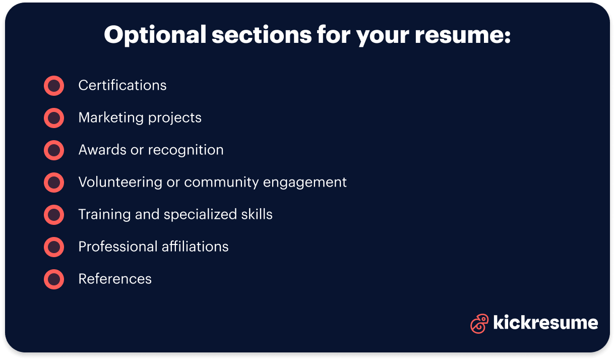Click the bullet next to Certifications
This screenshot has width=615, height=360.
pyautogui.click(x=54, y=86)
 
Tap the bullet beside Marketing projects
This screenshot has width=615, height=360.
pyautogui.click(x=54, y=118)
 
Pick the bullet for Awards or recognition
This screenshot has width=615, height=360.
pyautogui.click(x=54, y=150)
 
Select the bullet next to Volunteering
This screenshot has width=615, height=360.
pyautogui.click(x=54, y=183)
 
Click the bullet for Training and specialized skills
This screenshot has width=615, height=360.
pyautogui.click(x=54, y=215)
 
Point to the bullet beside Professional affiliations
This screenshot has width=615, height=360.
pyautogui.click(x=54, y=247)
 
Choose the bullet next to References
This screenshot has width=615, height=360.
pyautogui.click(x=54, y=279)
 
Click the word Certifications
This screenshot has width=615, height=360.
pyautogui.click(x=122, y=86)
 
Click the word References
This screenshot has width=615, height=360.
pyautogui.click(x=115, y=279)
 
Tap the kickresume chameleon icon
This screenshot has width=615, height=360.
pyautogui.click(x=479, y=324)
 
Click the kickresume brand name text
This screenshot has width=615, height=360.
pyautogui.click(x=545, y=323)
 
